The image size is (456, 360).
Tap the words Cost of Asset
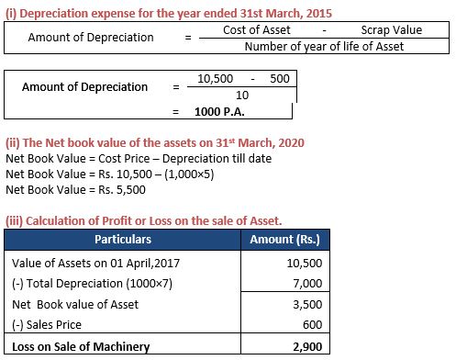[257, 30]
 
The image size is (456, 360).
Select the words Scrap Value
[392, 30]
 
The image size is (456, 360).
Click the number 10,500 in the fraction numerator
[214, 80]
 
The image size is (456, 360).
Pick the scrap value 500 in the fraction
[280, 80]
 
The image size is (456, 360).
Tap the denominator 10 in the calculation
[241, 96]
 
